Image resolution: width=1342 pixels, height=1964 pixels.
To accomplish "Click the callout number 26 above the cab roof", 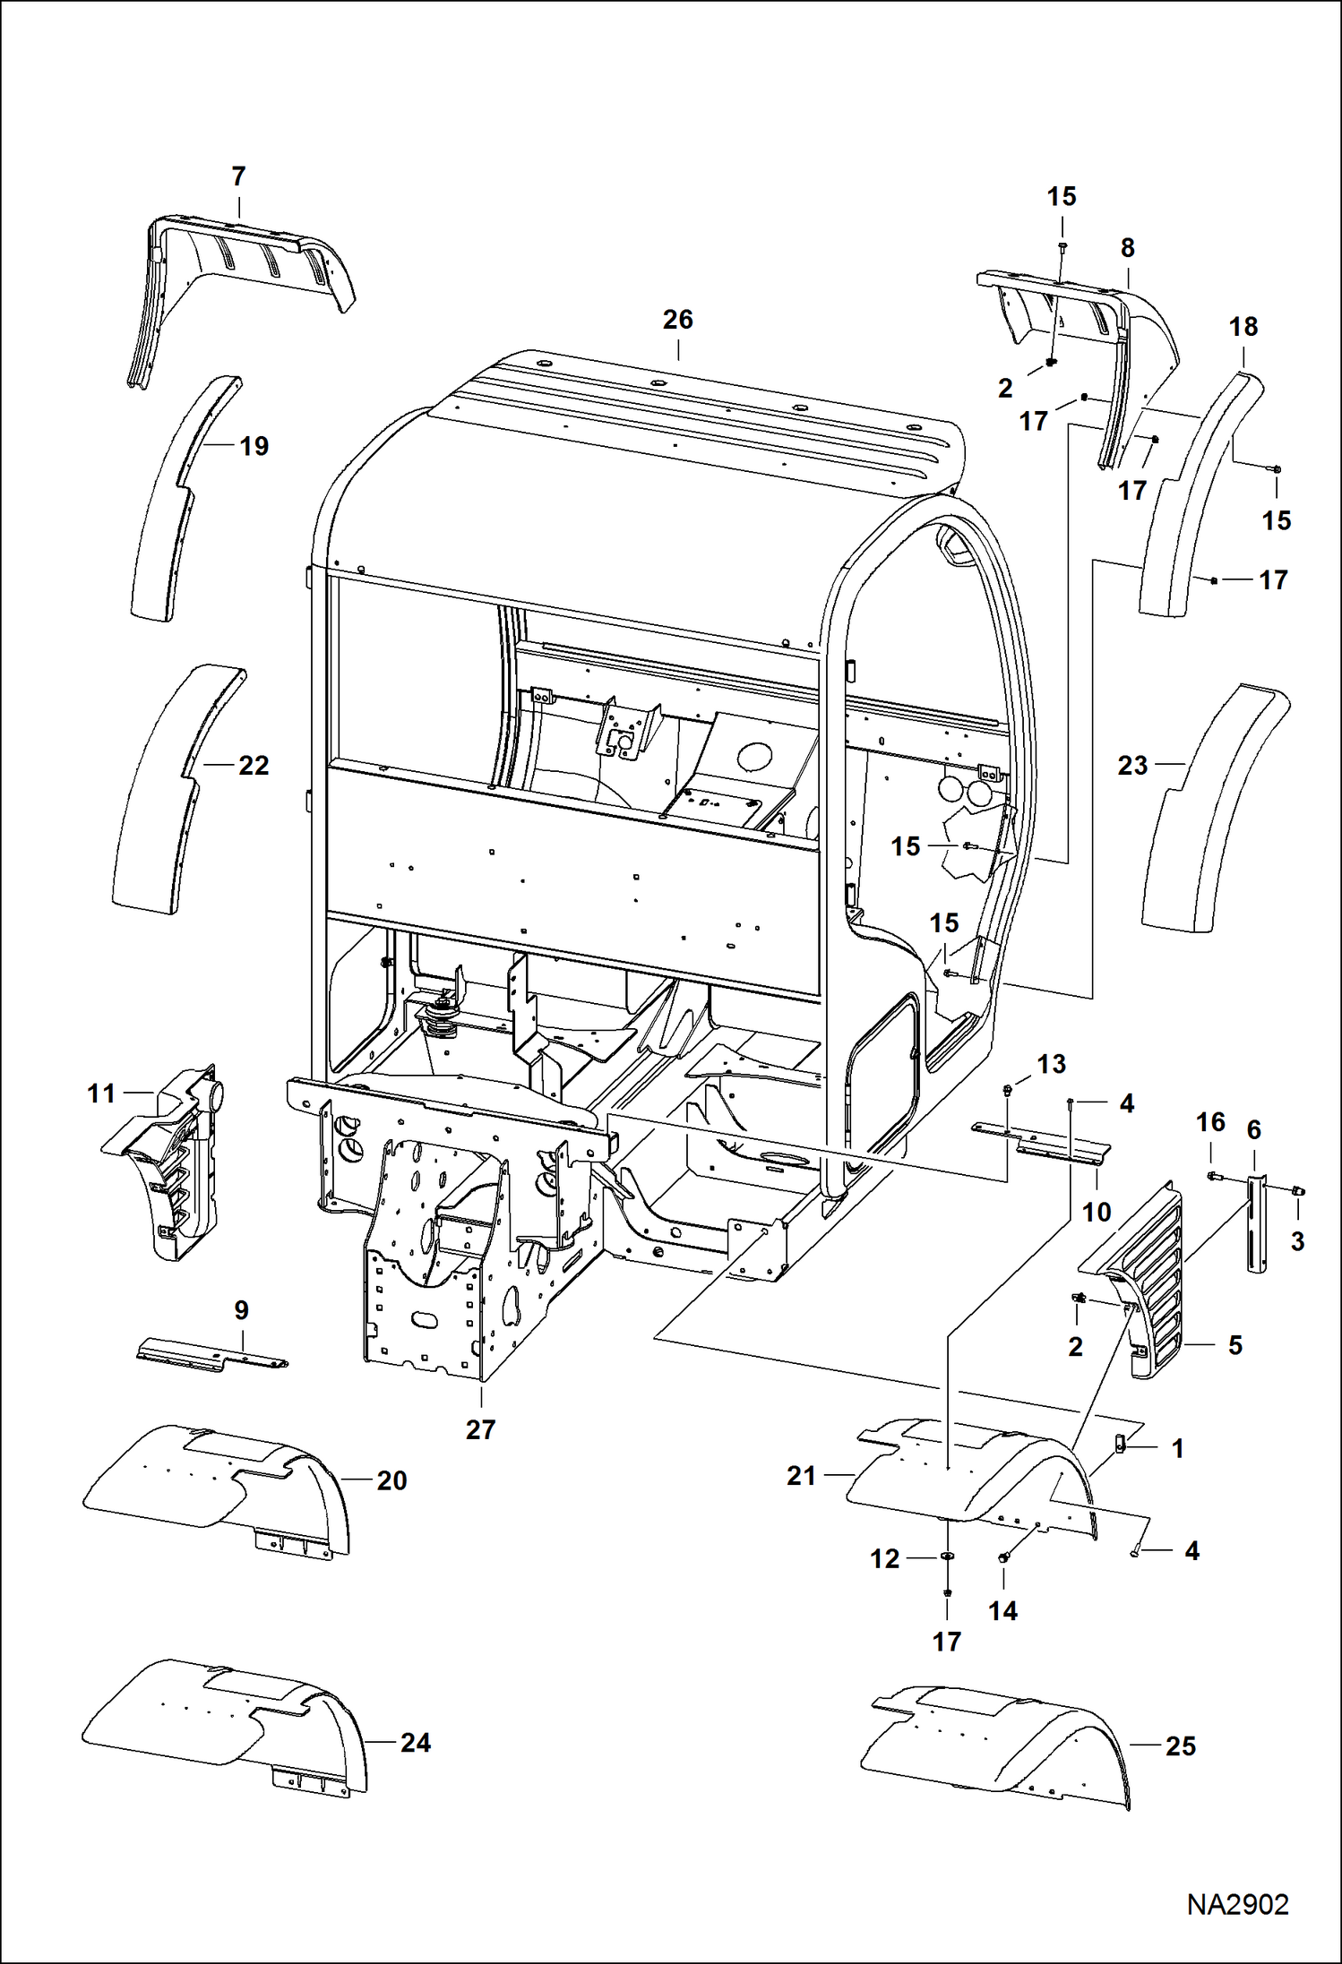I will (677, 320).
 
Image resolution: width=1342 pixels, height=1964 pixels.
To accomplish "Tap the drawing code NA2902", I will (1237, 1904).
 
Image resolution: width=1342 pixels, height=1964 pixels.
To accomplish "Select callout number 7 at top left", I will (238, 176).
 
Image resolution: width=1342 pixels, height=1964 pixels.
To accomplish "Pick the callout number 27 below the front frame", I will (480, 1429).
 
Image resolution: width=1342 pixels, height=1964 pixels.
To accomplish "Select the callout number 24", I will (415, 1742).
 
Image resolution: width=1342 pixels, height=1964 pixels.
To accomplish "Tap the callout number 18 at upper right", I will (1243, 327).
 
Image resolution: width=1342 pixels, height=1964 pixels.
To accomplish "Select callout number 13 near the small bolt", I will (1051, 1064).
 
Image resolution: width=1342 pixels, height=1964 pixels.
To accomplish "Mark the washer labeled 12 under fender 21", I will (947, 1557).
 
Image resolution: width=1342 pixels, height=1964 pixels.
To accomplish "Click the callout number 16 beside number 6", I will (1210, 1122).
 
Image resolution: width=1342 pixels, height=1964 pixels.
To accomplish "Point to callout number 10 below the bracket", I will (1097, 1212).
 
